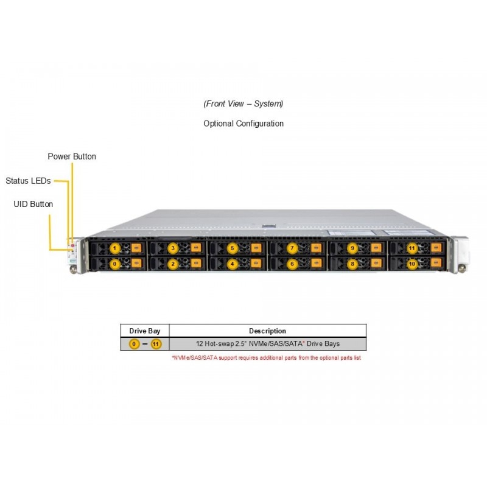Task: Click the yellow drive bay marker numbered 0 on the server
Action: [x=114, y=264]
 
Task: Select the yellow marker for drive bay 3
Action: [x=173, y=248]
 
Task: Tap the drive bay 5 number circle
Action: [x=233, y=248]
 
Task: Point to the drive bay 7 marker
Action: [x=292, y=248]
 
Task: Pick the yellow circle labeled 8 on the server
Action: [x=352, y=264]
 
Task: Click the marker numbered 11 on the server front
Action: [x=412, y=248]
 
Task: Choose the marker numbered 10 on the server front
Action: [x=412, y=264]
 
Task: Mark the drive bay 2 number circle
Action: [x=173, y=264]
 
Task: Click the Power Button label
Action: [x=72, y=156]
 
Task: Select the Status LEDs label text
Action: [x=28, y=181]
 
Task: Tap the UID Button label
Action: [x=33, y=204]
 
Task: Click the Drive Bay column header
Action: [x=145, y=331]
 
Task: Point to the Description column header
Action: [x=267, y=331]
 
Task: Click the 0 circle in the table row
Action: [x=134, y=344]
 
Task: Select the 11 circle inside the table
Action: [x=156, y=344]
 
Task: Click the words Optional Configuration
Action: [x=243, y=124]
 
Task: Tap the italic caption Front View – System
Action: [x=243, y=103]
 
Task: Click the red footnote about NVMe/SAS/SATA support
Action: [x=267, y=358]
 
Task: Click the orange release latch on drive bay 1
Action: [x=136, y=248]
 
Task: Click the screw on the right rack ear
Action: [x=462, y=268]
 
